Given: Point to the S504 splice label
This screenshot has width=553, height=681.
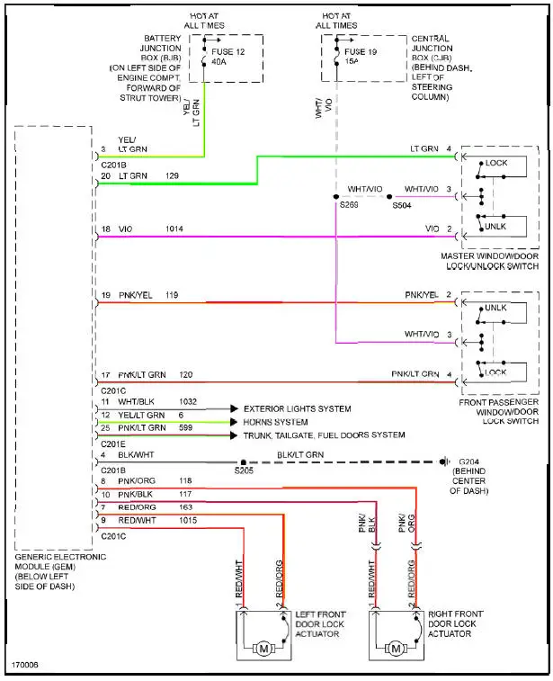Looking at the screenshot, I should (404, 205).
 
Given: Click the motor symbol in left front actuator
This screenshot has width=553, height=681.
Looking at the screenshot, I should (264, 648).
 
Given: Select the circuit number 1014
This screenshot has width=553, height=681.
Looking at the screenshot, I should (174, 230).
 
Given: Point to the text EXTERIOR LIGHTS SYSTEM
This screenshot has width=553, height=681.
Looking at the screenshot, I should (297, 408).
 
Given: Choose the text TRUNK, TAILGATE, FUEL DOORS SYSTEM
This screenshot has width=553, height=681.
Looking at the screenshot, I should (324, 435).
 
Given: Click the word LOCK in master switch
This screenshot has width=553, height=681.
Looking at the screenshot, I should (496, 164).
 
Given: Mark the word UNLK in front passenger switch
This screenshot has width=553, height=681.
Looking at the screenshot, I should (495, 308).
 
